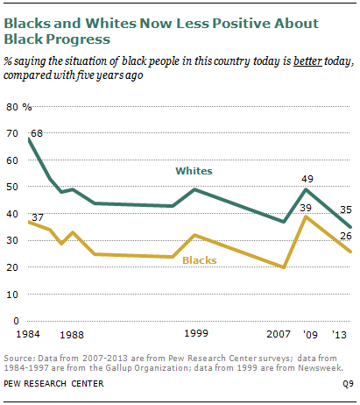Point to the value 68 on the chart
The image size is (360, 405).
coord(36,133)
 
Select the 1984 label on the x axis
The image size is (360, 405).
coord(26,335)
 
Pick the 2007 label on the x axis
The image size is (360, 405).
coord(278,335)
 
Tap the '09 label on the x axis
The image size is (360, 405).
coord(311,335)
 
